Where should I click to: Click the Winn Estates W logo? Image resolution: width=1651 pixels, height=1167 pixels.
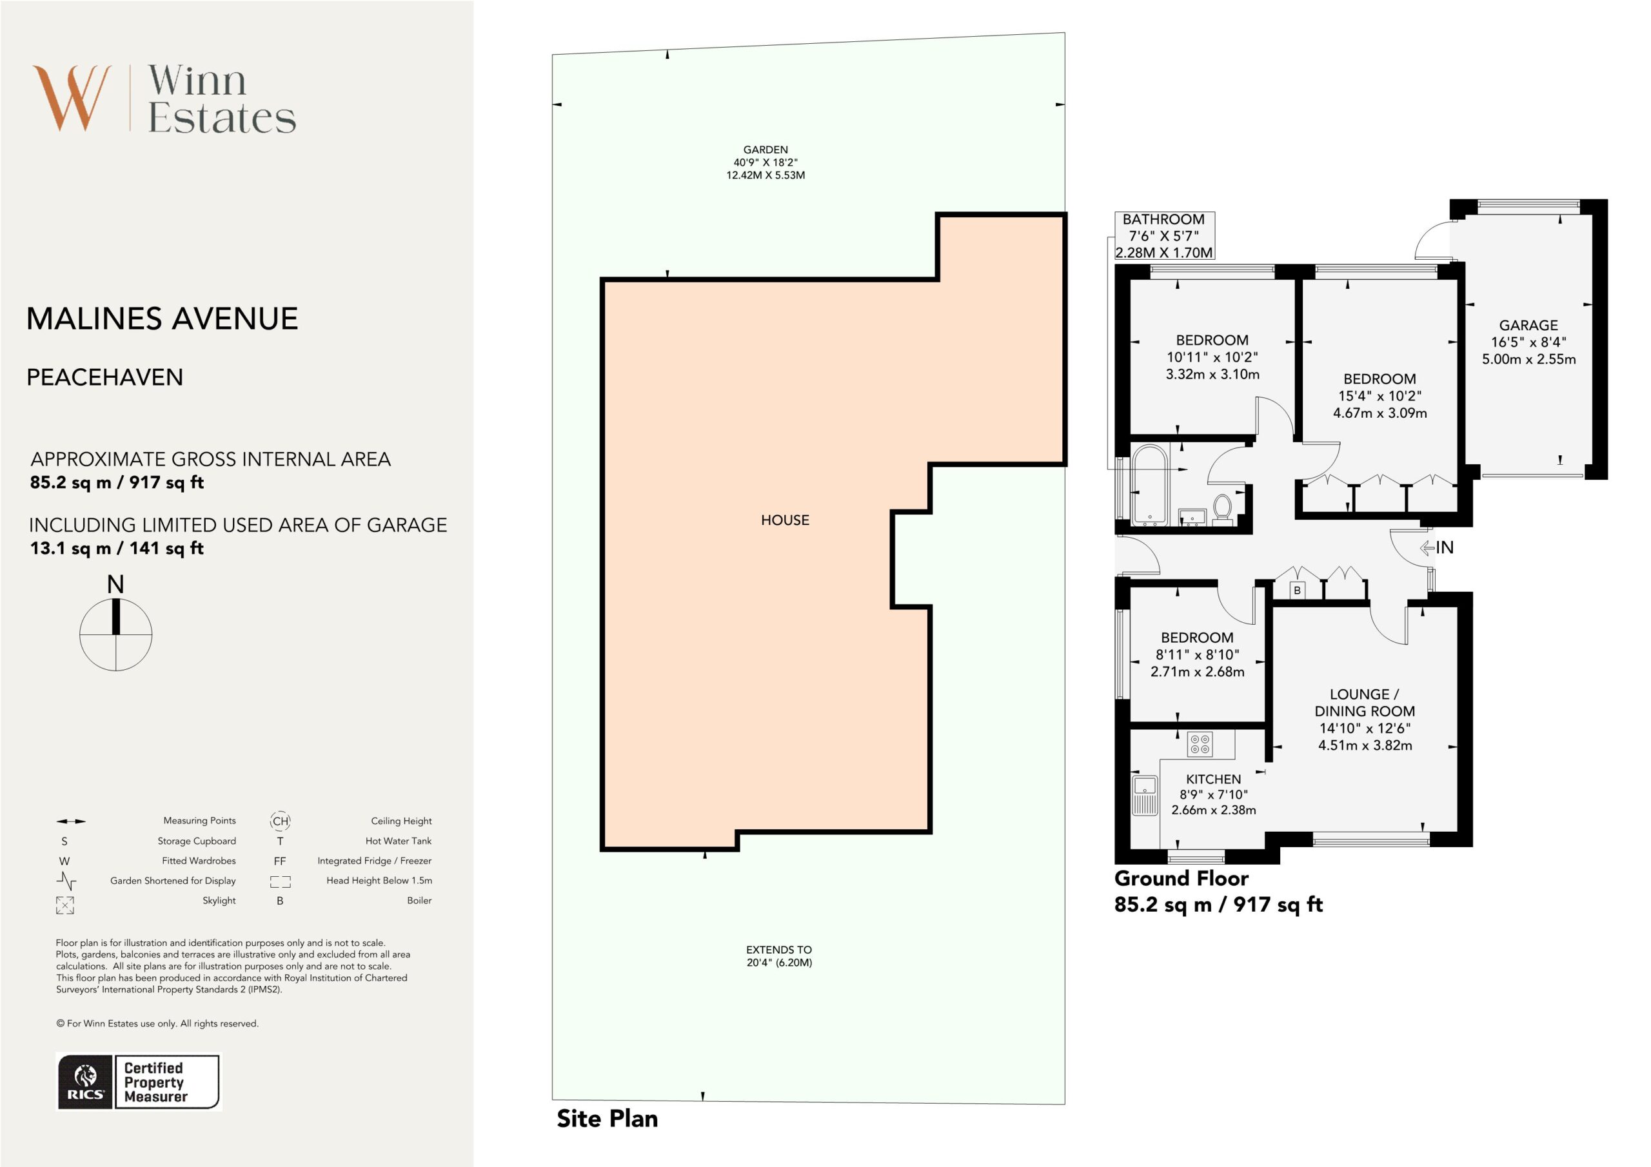72,99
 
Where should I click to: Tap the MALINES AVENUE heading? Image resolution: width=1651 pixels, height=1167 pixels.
162,319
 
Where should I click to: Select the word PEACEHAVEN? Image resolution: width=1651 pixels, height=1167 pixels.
105,377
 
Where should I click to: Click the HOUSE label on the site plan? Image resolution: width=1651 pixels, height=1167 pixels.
786,520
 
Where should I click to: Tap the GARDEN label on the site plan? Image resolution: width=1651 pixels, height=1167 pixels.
765,150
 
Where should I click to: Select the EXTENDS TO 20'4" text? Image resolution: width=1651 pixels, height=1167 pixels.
779,956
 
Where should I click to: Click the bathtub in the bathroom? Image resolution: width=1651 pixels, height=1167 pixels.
1149,485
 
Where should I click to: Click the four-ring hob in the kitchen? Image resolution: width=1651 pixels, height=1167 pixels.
1200,744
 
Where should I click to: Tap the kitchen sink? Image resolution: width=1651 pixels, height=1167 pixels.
1145,794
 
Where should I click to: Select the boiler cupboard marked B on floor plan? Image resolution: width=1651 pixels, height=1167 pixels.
1297,591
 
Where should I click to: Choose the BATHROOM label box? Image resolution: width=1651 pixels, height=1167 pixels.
1164,236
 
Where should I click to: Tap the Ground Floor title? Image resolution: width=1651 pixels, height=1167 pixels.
1181,878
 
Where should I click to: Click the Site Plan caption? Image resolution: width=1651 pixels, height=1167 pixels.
608,1118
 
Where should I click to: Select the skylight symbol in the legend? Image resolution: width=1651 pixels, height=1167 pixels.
64,905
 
